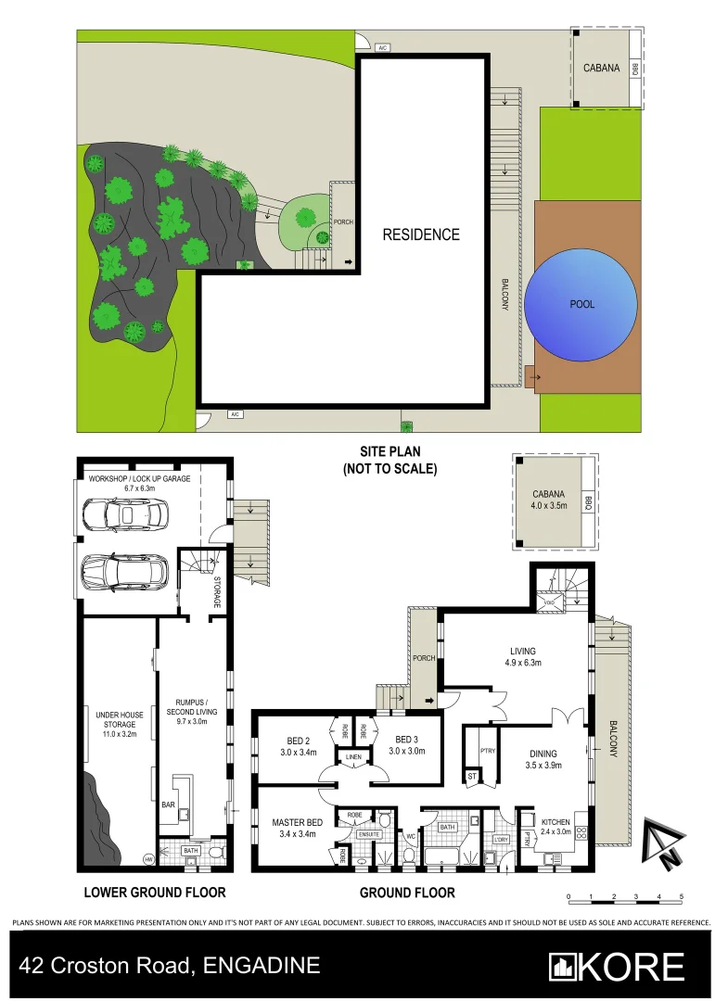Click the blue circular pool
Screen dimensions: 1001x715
[582, 304]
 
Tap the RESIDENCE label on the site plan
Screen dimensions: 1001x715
[421, 234]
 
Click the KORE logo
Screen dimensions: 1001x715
[617, 966]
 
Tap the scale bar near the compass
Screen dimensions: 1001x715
[624, 897]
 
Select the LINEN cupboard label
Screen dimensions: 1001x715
[353, 758]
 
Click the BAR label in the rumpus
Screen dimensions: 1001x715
[169, 805]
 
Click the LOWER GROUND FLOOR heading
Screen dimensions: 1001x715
[155, 893]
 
